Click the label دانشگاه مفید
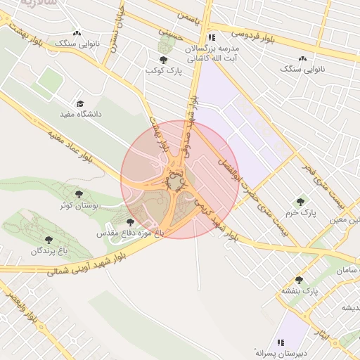tap(78, 113)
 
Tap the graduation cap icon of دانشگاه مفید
tap(79, 103)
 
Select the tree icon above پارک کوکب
tap(164, 60)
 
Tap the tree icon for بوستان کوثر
tap(78, 194)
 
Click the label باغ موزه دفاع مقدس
tap(130, 232)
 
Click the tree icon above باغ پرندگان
tap(49, 240)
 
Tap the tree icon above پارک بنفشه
tap(299, 280)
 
